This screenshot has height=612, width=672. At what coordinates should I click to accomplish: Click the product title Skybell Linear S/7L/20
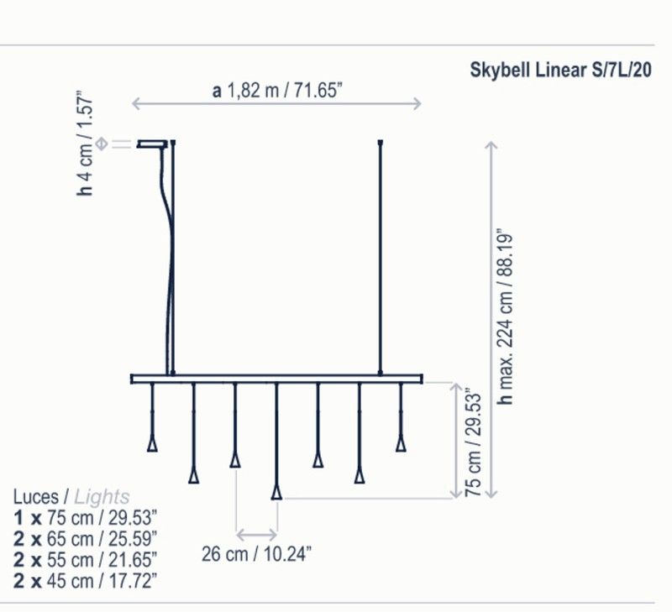pyautogui.click(x=560, y=70)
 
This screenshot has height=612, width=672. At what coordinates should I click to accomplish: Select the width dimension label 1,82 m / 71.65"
pyautogui.click(x=284, y=91)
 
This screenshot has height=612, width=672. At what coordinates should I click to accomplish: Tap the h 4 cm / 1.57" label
pyautogui.click(x=85, y=144)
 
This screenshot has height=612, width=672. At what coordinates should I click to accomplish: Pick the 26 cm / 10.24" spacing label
pyautogui.click(x=256, y=554)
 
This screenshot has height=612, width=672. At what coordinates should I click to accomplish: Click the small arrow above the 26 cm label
pyautogui.click(x=257, y=535)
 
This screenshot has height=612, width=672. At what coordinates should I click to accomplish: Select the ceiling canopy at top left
pyautogui.click(x=152, y=144)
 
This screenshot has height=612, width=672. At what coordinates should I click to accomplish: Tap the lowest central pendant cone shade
pyautogui.click(x=276, y=493)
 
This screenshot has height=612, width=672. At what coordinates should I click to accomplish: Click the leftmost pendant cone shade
pyautogui.click(x=152, y=444)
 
